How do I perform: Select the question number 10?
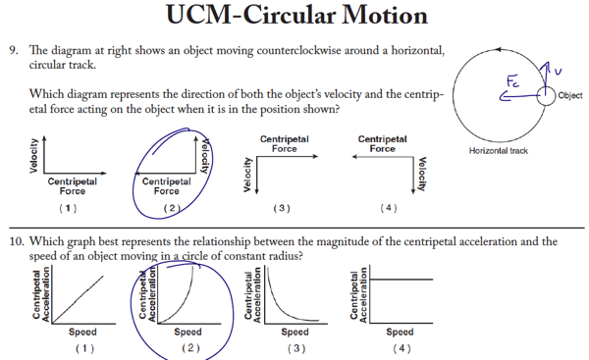(x=17, y=239)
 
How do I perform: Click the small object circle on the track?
(x=545, y=95)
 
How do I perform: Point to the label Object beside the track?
(x=569, y=95)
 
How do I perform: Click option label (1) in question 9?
(x=68, y=209)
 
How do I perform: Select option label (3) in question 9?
(x=283, y=209)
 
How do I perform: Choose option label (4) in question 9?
(x=390, y=209)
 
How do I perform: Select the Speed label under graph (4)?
(x=399, y=333)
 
